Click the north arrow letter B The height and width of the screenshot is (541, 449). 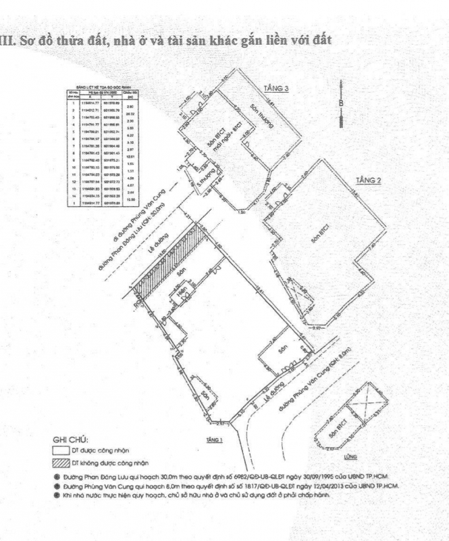coord(342,103)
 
